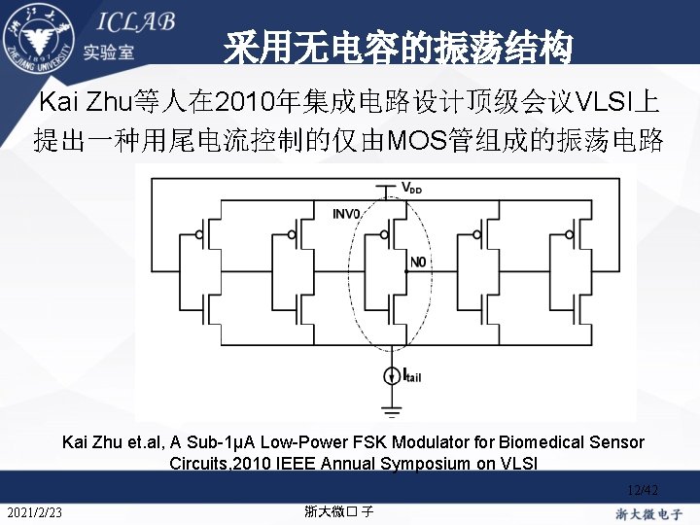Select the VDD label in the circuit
pos(412,188)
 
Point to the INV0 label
pos(346,213)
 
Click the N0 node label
pos(417,262)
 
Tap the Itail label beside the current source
pos(412,375)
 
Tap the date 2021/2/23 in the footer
pos(34,512)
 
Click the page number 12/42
pos(643,490)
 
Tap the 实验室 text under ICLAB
pos(108,52)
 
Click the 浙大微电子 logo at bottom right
pos(648,512)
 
